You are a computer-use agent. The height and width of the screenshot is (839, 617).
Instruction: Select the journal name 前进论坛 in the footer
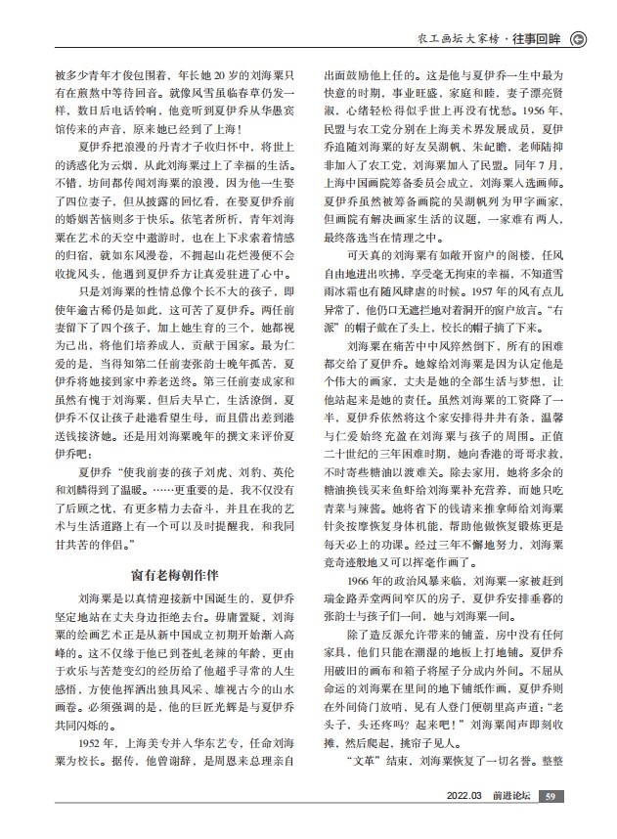(x=512, y=822)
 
